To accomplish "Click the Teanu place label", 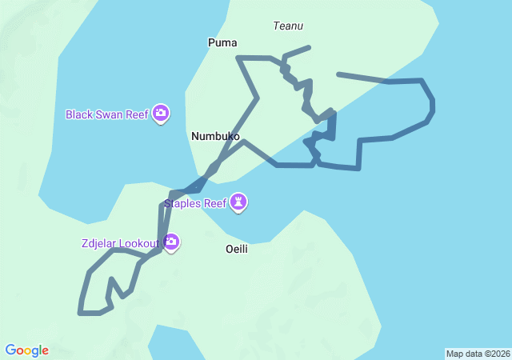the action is click(x=288, y=26).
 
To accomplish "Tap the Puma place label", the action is click(x=222, y=42).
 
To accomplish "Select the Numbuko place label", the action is click(x=215, y=137).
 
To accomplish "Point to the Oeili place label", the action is click(x=237, y=249).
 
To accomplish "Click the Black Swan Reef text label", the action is click(x=107, y=114).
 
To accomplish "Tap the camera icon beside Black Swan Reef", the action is click(x=161, y=114).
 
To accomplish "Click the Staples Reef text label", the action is click(x=195, y=203).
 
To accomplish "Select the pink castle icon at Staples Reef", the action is click(x=238, y=203).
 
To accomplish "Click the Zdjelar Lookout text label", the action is click(x=119, y=243).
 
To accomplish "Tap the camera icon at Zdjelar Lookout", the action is click(x=170, y=242).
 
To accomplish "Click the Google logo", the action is click(x=27, y=350).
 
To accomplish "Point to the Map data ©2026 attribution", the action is click(x=478, y=354).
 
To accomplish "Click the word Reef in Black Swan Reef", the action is click(x=137, y=114).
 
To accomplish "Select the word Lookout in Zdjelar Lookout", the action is click(x=139, y=243).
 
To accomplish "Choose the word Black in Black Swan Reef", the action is click(x=79, y=114).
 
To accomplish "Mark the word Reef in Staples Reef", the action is click(x=215, y=203).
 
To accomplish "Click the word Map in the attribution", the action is click(x=454, y=354).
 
